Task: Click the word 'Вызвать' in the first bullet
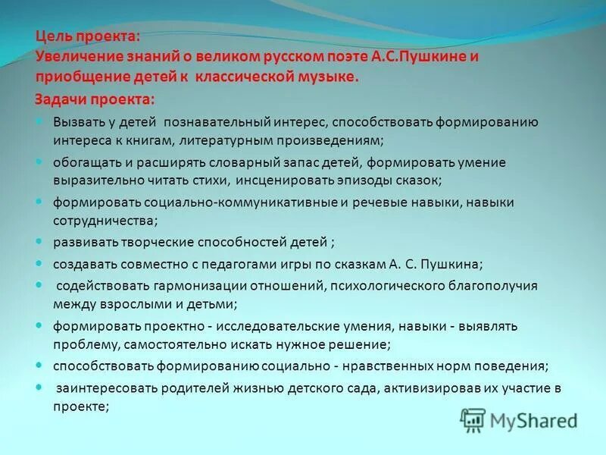75,122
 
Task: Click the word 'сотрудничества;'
105,221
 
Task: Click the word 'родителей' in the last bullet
183,389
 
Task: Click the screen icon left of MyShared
473,419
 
